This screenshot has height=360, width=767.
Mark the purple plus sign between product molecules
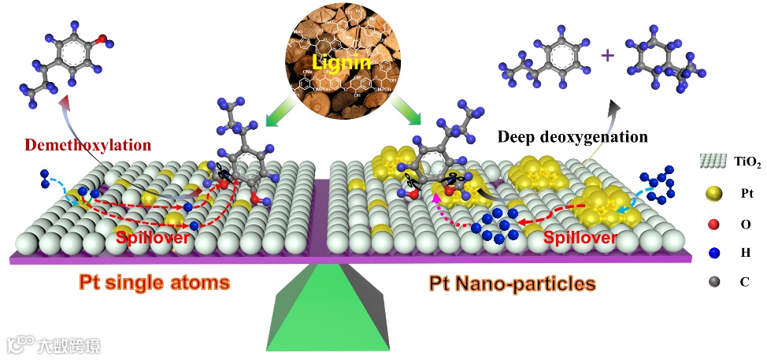tap(607, 56)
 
